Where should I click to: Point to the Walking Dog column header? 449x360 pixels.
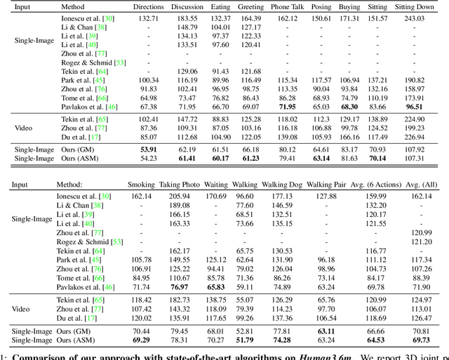coord(282,186)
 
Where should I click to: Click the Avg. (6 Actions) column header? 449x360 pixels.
coord(376,186)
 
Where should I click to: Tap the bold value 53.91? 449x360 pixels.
coord(149,149)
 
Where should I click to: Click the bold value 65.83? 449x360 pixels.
coord(215,286)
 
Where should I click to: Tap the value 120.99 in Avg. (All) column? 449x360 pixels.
coord(422,232)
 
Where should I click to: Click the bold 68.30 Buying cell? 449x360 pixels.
coord(349,106)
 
